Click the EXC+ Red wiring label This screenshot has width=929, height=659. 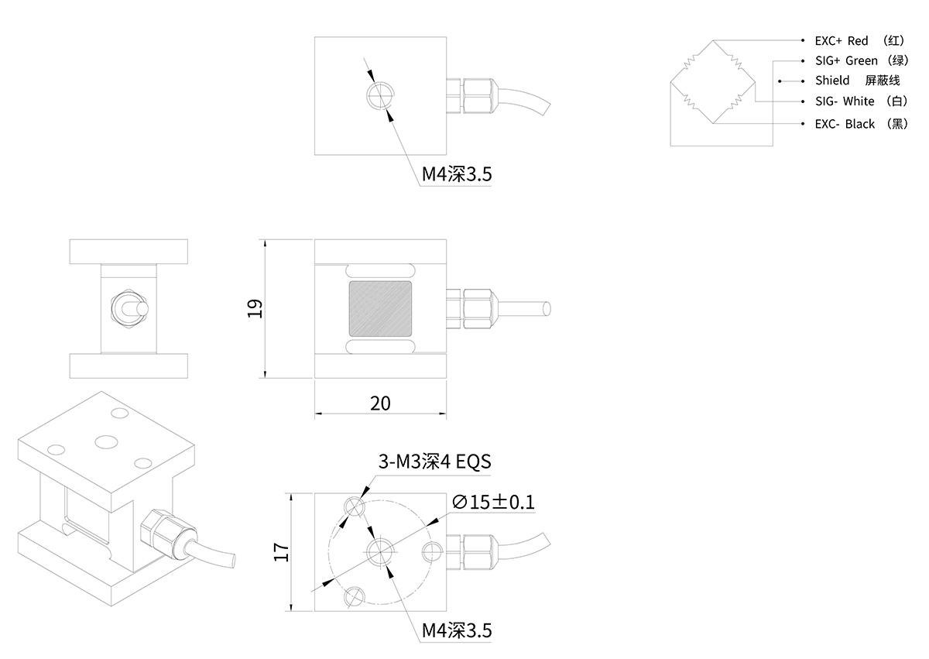click(859, 40)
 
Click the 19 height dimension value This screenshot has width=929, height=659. click(257, 308)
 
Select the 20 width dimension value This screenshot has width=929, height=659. click(380, 403)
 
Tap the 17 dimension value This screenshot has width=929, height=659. click(281, 551)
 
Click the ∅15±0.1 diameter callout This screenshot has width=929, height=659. click(492, 502)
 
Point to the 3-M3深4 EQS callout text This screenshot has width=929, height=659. click(434, 462)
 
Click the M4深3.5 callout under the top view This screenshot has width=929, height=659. click(456, 175)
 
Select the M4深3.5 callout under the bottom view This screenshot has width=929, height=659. click(456, 631)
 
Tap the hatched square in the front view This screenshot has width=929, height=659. click(380, 309)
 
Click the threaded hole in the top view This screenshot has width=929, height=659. click(381, 95)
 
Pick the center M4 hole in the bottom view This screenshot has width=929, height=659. click(380, 551)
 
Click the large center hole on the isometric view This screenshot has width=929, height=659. click(105, 441)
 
